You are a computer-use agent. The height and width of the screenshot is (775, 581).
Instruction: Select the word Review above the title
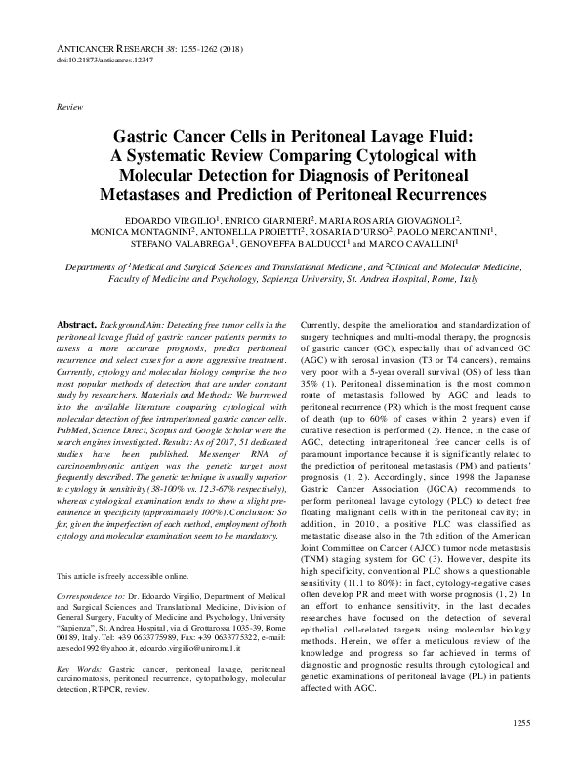tap(70, 104)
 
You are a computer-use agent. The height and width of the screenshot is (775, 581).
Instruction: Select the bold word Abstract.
tap(76, 323)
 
